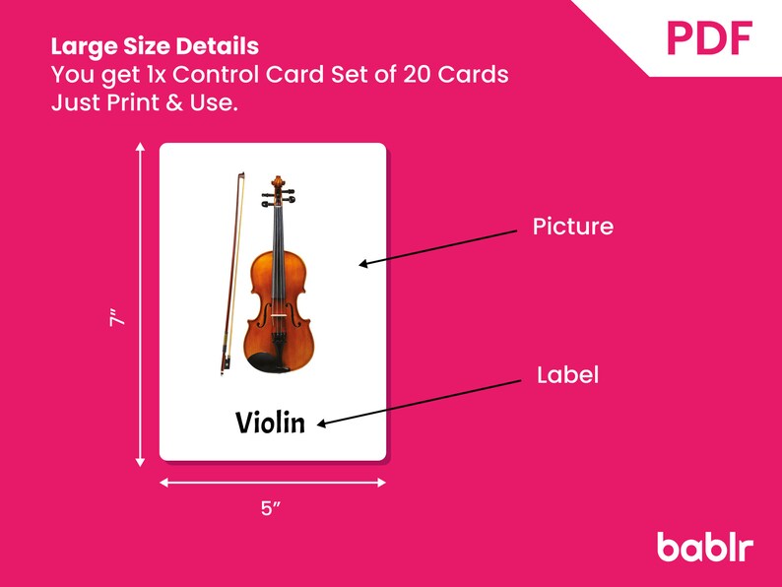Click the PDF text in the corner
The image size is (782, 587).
click(709, 37)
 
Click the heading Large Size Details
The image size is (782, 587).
click(155, 46)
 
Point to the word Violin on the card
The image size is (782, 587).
click(270, 422)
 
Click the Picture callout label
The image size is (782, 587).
click(572, 227)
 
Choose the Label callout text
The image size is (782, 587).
click(567, 375)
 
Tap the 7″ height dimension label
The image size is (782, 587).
click(117, 321)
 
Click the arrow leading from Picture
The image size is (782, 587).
click(438, 247)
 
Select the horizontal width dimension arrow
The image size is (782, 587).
click(272, 483)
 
